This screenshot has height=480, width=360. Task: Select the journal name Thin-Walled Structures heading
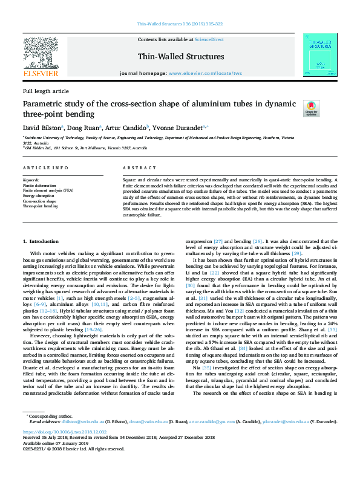pyautogui.click(x=181, y=57)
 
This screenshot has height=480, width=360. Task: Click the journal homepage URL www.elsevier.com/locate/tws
pyautogui.click(x=206, y=73)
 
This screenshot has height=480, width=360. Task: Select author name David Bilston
pyautogui.click(x=41, y=128)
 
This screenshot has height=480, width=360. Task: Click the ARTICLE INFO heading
pyautogui.click(x=45, y=167)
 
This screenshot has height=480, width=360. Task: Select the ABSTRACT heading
pyautogui.click(x=135, y=167)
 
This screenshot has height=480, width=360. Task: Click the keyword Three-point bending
pyautogui.click(x=40, y=206)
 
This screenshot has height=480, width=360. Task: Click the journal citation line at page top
pyautogui.click(x=180, y=24)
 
